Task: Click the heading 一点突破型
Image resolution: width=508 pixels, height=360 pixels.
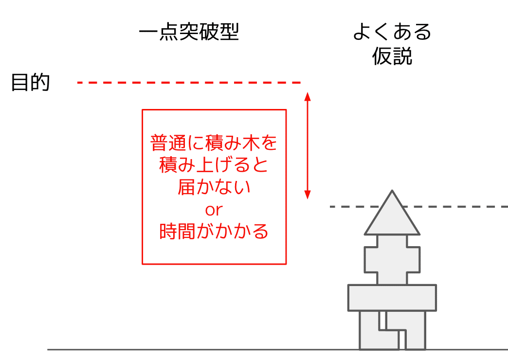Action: (189, 32)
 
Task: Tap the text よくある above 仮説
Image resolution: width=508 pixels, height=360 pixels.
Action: (392, 32)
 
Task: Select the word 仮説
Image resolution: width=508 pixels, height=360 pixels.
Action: (392, 56)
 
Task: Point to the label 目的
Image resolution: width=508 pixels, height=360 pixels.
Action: (31, 82)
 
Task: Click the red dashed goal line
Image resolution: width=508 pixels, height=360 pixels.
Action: (189, 83)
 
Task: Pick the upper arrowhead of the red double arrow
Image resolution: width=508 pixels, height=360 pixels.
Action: (308, 96)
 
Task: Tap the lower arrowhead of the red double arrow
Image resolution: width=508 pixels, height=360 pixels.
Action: (308, 195)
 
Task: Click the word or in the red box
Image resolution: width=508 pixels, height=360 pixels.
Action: (214, 210)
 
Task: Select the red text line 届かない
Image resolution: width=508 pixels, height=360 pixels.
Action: (214, 187)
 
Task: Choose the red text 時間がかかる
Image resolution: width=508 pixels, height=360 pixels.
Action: (214, 232)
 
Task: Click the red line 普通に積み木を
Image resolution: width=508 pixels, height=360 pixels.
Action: (214, 143)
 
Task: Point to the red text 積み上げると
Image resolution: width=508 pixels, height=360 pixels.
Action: (214, 165)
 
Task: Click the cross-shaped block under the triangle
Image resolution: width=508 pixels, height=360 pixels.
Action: (392, 260)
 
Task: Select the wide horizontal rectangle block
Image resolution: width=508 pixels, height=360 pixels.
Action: (392, 298)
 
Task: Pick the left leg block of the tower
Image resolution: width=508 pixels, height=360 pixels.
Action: (369, 330)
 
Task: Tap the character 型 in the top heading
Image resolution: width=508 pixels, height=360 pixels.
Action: (229, 32)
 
